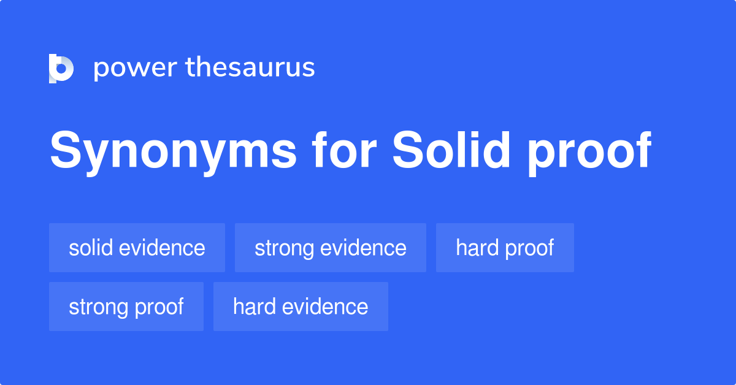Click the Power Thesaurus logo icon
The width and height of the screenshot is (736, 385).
click(61, 68)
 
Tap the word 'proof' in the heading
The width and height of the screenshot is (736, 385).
click(589, 151)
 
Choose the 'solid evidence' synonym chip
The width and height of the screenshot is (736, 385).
click(137, 248)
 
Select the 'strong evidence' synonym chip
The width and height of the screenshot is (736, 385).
click(330, 248)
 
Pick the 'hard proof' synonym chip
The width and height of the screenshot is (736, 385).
click(505, 248)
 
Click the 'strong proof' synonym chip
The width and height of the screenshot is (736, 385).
click(126, 307)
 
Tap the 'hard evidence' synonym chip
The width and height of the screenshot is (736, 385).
click(301, 307)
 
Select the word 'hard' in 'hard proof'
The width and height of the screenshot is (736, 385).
click(477, 248)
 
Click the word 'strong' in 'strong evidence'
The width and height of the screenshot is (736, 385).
click(283, 248)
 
